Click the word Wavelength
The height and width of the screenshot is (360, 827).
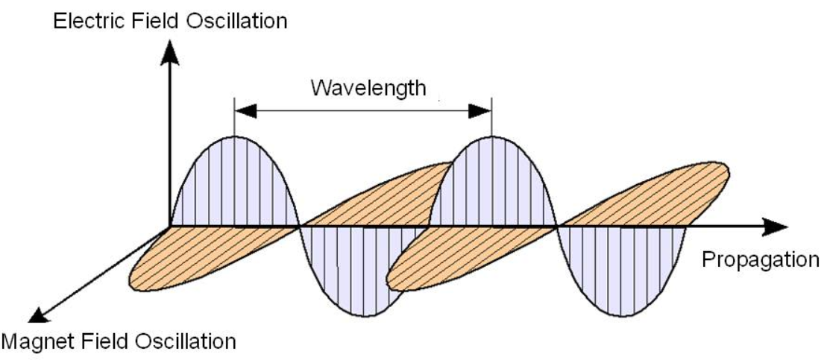pos(368,88)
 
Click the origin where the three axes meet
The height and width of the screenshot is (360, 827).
pos(171,224)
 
